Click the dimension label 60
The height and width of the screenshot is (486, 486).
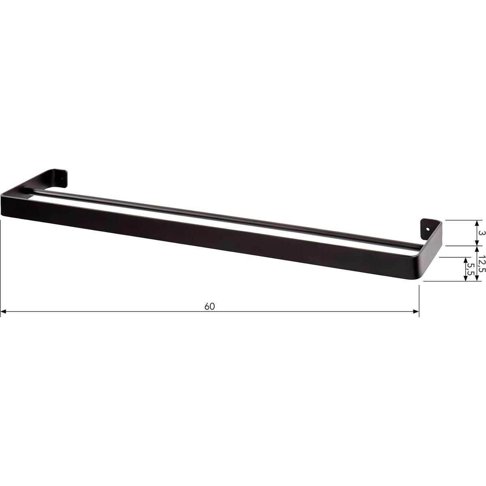(209, 307)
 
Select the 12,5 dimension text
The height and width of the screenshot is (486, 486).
(481, 264)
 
